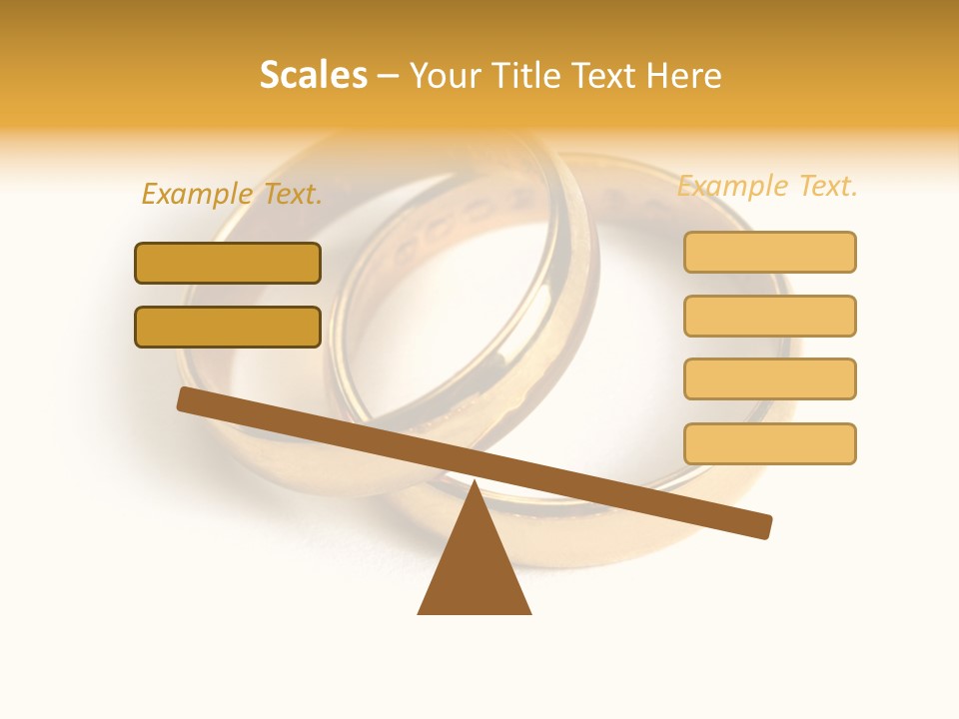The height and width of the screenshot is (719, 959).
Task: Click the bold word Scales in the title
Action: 314,75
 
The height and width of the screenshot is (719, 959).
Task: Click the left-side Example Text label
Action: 232,194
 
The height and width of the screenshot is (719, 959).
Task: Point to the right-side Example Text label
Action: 767,186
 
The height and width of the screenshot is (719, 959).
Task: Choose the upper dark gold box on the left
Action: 228,263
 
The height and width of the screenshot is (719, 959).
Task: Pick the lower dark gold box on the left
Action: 228,327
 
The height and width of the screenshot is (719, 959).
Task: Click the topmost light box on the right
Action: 769,252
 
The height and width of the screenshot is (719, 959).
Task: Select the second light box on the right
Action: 769,316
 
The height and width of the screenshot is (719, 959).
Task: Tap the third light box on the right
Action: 769,378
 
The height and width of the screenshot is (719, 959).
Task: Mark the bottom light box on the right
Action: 769,443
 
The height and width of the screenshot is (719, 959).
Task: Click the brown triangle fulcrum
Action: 475,569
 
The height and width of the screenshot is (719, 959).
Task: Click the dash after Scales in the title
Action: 388,76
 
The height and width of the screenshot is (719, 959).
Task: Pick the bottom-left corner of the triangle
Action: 420,612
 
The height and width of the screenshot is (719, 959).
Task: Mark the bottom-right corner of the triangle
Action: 529,612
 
